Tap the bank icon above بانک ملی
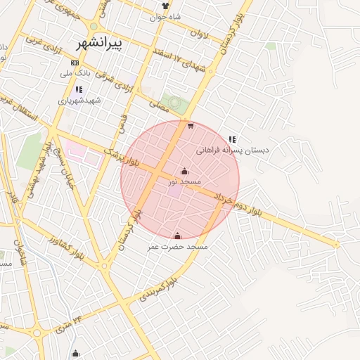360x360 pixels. coord(75,63)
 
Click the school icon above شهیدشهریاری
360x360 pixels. coord(78,89)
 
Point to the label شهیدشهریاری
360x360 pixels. coord(80,101)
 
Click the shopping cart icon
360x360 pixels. coord(191,127)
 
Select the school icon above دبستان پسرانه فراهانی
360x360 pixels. coord(232,139)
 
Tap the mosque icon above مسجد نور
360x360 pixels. coord(185,171)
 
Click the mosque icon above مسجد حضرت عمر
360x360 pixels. coord(176,236)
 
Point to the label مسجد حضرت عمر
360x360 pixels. coord(178,247)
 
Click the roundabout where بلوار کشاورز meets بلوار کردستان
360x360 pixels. coord(103,266)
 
